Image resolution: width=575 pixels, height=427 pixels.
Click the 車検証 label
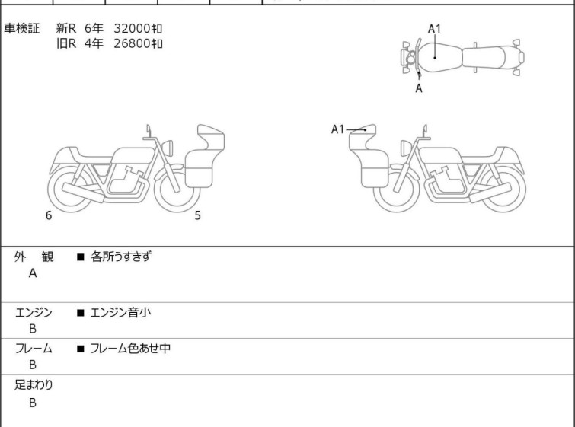coord(21,29)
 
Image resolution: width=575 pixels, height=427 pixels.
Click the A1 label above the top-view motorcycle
coord(435,29)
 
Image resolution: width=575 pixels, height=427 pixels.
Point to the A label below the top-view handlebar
coord(419,88)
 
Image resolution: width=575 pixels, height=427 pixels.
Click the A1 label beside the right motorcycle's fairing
coord(337,129)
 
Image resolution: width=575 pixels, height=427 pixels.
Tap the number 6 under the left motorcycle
coord(49,215)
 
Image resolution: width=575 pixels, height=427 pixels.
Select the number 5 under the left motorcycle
coord(198,215)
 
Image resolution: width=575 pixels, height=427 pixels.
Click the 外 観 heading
coord(34,257)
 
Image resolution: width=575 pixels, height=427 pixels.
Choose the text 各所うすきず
coord(120,257)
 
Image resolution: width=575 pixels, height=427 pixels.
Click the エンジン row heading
coord(34,313)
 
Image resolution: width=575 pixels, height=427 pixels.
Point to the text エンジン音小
coord(120,312)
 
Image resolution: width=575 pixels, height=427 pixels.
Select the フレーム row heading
coord(34,349)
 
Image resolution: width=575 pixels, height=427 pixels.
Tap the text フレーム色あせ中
coord(130,348)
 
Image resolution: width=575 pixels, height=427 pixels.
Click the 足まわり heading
coord(34,385)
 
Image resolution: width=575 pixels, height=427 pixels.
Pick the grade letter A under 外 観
coord(33,273)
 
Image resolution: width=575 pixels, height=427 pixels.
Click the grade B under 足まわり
coord(33,403)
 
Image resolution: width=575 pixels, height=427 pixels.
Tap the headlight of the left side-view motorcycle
coord(168,148)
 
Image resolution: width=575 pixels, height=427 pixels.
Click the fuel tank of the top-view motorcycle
coord(439,58)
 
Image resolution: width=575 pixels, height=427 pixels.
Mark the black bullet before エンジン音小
coord(81,313)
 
